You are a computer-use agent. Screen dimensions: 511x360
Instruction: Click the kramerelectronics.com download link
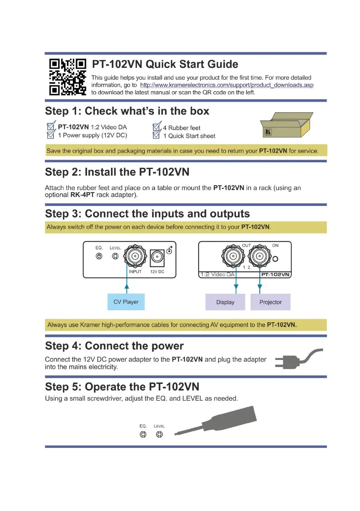coord(227,85)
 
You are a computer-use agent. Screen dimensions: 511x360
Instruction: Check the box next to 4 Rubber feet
coord(157,127)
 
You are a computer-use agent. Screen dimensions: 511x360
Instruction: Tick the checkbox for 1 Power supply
coord(51,136)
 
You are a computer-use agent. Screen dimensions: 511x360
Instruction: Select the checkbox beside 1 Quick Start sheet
coord(157,136)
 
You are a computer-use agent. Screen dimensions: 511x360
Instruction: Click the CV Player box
coord(126,302)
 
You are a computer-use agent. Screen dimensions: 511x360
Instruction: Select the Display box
coord(225,302)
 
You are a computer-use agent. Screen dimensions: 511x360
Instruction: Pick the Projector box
coord(270,302)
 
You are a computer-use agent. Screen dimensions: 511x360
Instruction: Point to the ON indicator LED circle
coord(276,259)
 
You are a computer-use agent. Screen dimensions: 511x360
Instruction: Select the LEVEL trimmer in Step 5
coord(159,435)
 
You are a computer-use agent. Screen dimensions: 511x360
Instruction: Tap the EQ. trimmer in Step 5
coord(143,435)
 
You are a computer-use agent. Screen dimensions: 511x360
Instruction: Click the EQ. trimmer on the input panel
coord(99,256)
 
